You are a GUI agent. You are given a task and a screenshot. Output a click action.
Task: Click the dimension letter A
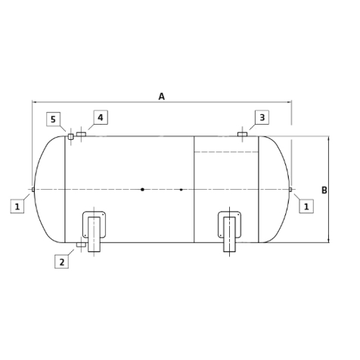(161, 96)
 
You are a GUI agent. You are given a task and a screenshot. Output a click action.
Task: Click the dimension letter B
(324, 190)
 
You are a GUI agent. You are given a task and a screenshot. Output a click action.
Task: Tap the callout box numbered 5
(53, 119)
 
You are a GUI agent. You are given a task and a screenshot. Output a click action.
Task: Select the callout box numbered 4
(101, 117)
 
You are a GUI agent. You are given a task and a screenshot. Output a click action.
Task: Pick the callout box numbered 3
(262, 117)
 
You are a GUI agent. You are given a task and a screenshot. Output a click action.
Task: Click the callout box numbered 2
(62, 262)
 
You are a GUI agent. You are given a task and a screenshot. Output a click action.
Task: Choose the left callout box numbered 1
(17, 206)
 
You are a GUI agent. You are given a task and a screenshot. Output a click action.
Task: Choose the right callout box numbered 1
(306, 206)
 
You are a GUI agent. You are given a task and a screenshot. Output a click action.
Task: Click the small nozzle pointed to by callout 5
(70, 137)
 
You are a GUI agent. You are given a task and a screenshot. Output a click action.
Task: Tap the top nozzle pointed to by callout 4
(81, 134)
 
